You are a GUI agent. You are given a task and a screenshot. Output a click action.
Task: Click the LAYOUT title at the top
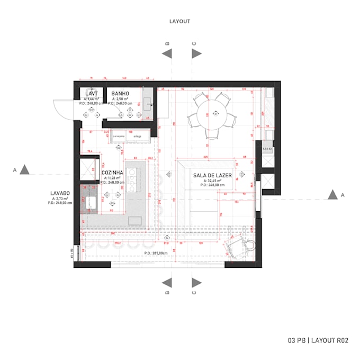click(x=179, y=22)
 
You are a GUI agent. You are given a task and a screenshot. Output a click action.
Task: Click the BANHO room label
click(x=121, y=93)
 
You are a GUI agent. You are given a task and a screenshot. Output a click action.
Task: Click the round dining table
click(x=215, y=114)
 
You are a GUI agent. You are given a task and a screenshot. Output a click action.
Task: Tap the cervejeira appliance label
click(x=119, y=137)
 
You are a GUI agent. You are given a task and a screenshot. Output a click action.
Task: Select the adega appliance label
click(x=137, y=137)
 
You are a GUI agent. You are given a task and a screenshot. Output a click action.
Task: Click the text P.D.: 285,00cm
click(x=156, y=253)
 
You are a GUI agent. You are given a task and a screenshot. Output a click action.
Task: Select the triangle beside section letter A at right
click(x=332, y=195)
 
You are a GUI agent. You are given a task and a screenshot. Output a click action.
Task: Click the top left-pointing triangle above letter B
click(x=167, y=53)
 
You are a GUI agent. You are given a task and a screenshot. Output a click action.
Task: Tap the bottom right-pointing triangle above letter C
click(x=196, y=282)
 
